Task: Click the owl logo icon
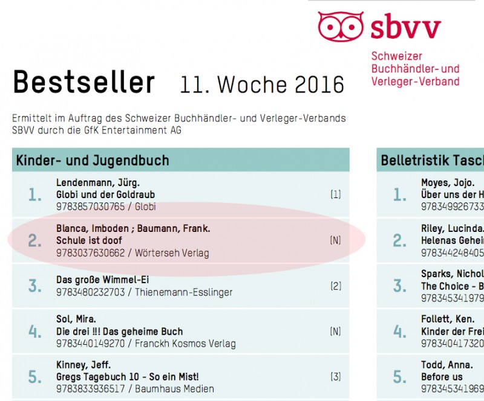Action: pos(341,25)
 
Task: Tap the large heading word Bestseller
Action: pos(83,82)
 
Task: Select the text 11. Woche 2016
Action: pos(262,85)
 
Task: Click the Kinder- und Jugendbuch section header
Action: pos(93,160)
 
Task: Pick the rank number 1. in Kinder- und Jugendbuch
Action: pos(35,194)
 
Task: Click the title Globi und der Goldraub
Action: pos(105,194)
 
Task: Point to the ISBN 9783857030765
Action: pos(90,207)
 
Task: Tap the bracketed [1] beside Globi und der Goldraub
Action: pos(336,194)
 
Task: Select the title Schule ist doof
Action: pos(89,240)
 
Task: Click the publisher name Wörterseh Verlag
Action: pos(172,252)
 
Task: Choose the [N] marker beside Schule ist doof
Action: pos(336,240)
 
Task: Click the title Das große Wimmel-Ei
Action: pos(102,280)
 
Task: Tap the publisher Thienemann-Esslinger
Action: pos(184,292)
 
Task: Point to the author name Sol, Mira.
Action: pos(77,319)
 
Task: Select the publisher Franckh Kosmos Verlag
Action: pos(185,344)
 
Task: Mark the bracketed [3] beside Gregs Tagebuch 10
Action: pos(336,377)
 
